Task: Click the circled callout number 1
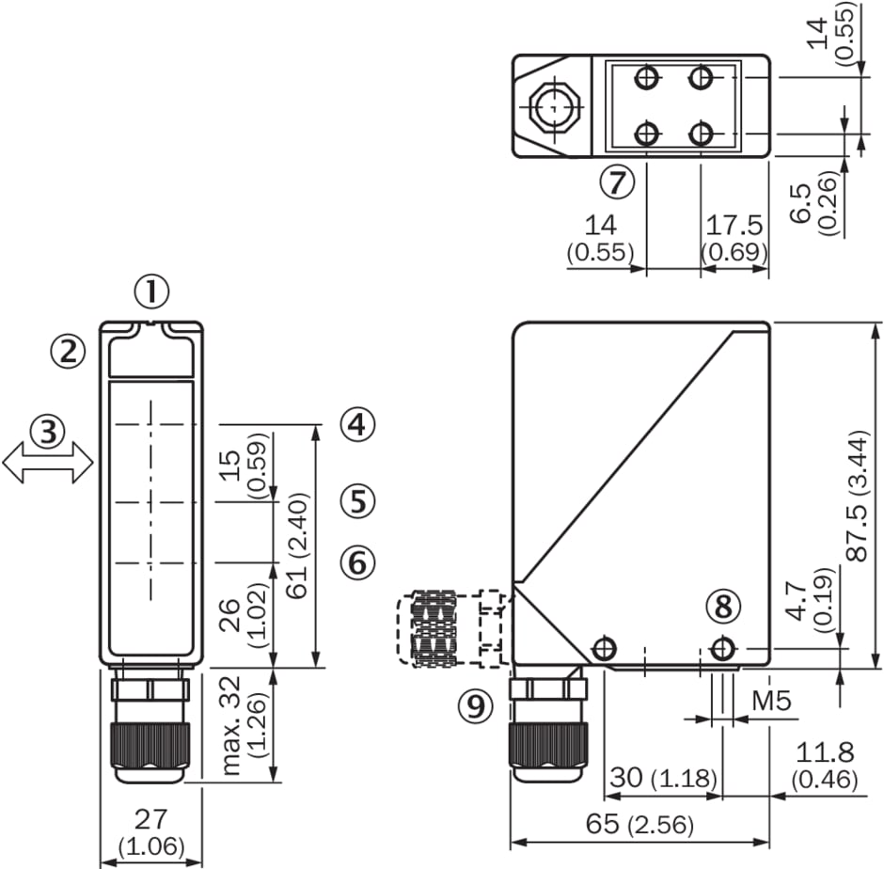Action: (x=151, y=292)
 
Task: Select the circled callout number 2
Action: (x=69, y=352)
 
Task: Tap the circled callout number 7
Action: (x=617, y=182)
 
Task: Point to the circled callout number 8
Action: (x=723, y=607)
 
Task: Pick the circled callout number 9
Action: (x=475, y=705)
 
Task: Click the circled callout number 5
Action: (x=357, y=500)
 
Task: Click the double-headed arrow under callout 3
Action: (x=48, y=463)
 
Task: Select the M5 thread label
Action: (x=771, y=701)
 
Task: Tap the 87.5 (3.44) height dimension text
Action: (x=858, y=496)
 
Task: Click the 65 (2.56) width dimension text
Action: (x=639, y=825)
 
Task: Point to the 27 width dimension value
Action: (x=150, y=819)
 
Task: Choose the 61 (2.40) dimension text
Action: (x=296, y=545)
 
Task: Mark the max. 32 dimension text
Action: (x=231, y=724)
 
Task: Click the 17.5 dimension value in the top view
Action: (x=734, y=225)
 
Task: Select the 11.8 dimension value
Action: (x=825, y=752)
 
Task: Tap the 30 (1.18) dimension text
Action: (x=664, y=778)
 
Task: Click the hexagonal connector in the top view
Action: (x=553, y=106)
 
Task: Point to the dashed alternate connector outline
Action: (x=450, y=628)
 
